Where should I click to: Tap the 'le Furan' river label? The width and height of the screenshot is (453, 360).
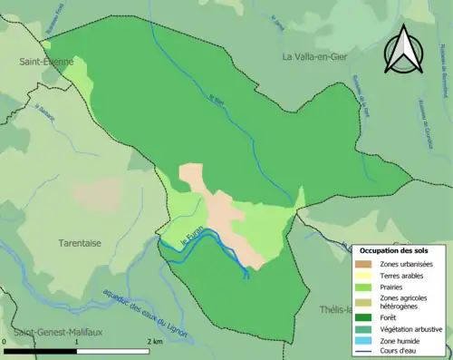pos(193,238)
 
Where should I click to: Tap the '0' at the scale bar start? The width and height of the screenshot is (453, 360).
pos(6,342)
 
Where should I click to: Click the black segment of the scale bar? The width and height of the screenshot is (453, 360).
pos(41,350)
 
